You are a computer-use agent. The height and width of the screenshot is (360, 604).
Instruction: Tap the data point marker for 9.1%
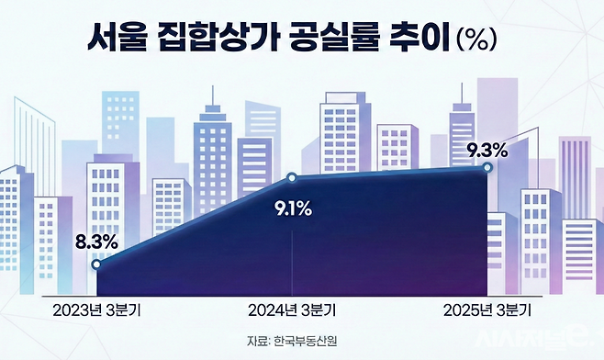coord(292,177)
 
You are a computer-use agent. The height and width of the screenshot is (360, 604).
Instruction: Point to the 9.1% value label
coord(294,208)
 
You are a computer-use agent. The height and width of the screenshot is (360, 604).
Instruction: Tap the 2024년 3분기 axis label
coord(293,308)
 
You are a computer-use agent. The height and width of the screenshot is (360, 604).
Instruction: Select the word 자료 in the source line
coord(256,342)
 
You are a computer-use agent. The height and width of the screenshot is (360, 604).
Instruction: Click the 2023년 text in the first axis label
coord(76,308)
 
